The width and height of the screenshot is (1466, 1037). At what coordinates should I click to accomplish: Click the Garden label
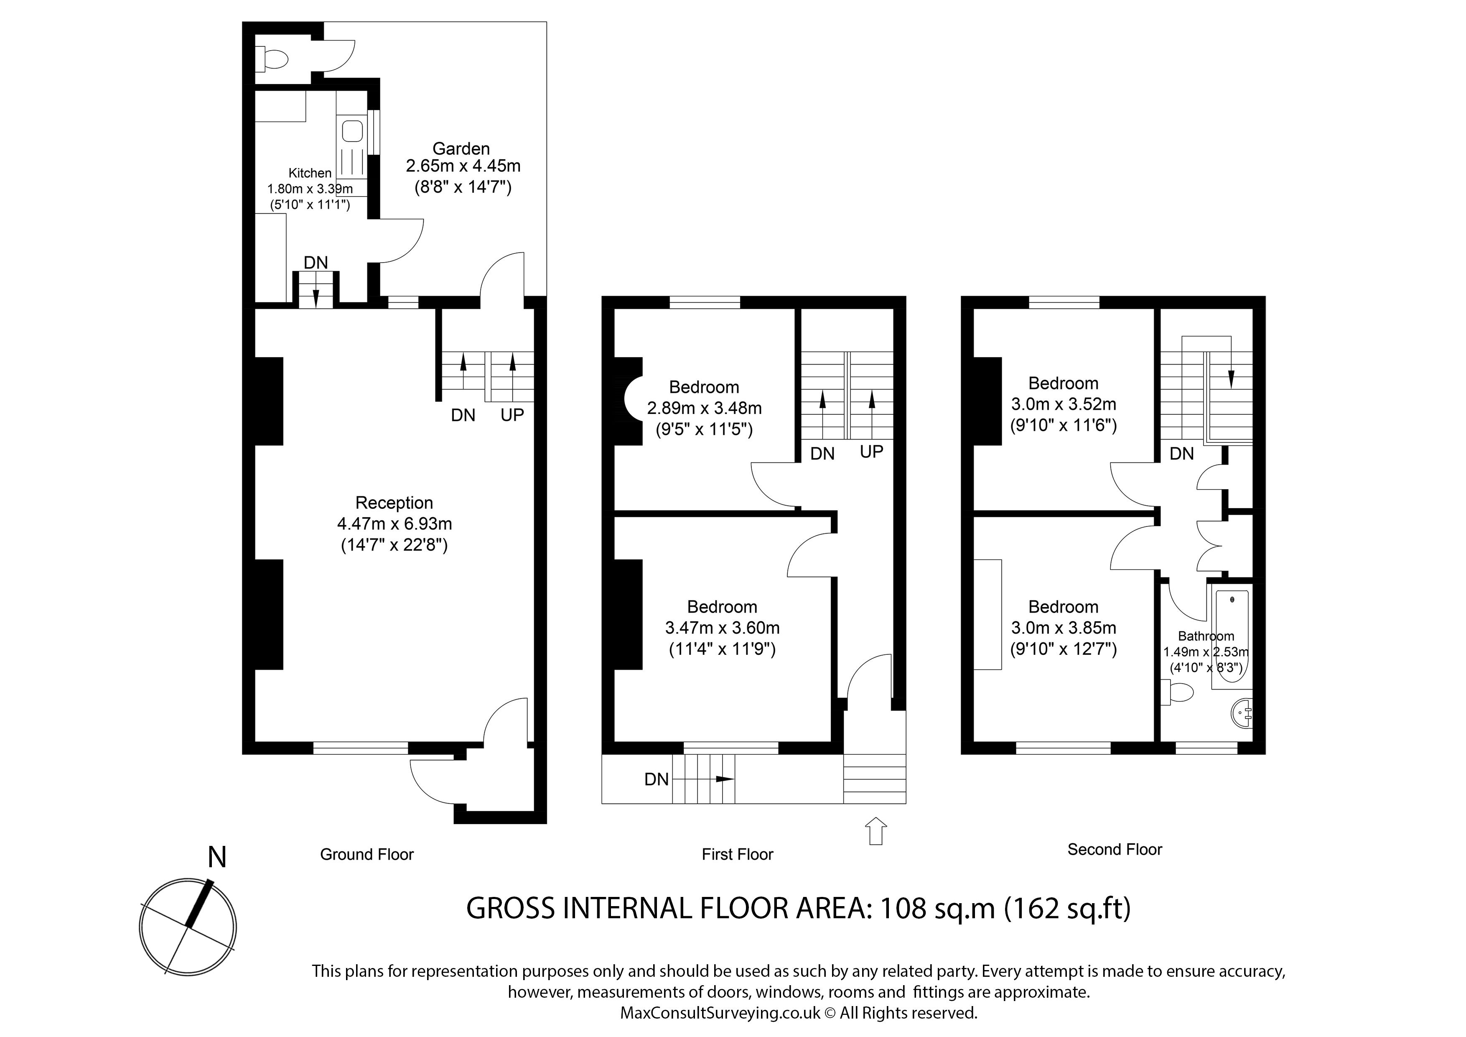coord(461,149)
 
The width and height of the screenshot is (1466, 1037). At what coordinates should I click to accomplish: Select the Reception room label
coord(394,503)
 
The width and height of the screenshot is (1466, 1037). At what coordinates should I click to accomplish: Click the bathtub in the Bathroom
coord(1230,639)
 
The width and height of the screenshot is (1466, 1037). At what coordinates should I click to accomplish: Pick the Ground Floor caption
coord(367,854)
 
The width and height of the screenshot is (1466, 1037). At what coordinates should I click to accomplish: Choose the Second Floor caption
coord(1115,849)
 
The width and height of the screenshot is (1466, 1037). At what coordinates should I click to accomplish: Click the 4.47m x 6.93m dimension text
coord(394,524)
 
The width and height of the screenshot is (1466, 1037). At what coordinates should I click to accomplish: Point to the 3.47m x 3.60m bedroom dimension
coord(722,628)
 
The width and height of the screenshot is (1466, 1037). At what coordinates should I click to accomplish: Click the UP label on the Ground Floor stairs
coord(512,415)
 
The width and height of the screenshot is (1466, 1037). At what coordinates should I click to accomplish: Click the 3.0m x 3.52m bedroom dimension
coord(1064,404)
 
